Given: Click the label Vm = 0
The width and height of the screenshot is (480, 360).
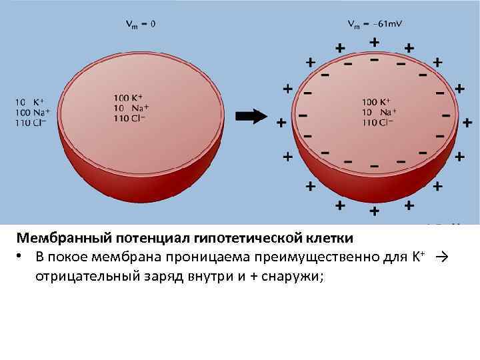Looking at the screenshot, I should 141,24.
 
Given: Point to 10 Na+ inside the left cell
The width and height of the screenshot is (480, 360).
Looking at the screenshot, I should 131,108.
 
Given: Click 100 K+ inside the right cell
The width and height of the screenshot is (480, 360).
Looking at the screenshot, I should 377,102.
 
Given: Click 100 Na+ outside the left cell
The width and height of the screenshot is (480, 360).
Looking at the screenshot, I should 29,113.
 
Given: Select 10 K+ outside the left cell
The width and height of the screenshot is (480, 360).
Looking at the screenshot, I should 28,103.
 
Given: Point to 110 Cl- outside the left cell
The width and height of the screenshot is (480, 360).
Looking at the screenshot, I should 30,123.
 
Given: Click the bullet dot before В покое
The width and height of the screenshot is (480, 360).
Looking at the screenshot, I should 22,257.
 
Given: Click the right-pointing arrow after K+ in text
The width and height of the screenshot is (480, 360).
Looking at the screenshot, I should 441,257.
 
